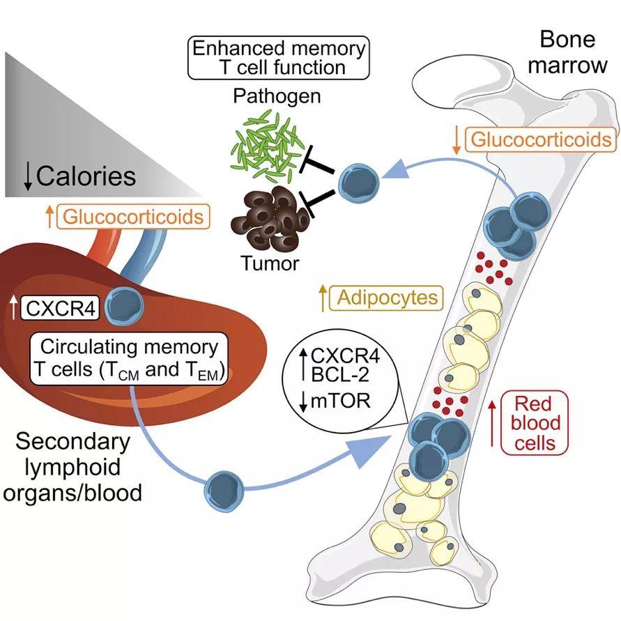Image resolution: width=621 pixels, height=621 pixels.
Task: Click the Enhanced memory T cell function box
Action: click(x=278, y=58)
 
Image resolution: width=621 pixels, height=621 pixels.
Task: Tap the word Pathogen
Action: click(x=277, y=96)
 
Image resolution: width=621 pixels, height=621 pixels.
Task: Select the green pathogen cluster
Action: click(x=266, y=146)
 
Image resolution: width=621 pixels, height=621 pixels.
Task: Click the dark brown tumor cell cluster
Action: click(x=269, y=219)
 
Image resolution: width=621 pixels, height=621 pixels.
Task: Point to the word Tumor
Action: click(x=270, y=263)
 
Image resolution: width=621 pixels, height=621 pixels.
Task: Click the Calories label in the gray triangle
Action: click(x=86, y=176)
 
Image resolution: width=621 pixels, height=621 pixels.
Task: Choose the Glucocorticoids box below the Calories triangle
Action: click(x=133, y=217)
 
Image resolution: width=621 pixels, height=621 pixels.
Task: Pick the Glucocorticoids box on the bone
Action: click(x=541, y=139)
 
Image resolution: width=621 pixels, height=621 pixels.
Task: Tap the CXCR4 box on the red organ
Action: click(x=60, y=308)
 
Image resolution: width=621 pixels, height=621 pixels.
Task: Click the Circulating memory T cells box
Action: click(x=129, y=359)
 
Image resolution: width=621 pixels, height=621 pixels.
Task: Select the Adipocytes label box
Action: click(x=386, y=298)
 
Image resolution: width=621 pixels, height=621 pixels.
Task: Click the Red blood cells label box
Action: click(x=535, y=423)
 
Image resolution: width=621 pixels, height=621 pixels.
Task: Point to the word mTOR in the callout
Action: click(x=341, y=401)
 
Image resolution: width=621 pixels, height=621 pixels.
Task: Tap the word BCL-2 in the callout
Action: click(x=340, y=374)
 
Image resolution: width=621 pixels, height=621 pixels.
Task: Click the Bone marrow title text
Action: click(x=567, y=52)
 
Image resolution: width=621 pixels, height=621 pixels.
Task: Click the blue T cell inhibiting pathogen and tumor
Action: click(x=359, y=183)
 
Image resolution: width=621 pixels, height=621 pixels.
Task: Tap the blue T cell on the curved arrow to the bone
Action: click(x=224, y=490)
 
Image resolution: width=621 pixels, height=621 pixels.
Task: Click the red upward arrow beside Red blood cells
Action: click(x=492, y=423)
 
